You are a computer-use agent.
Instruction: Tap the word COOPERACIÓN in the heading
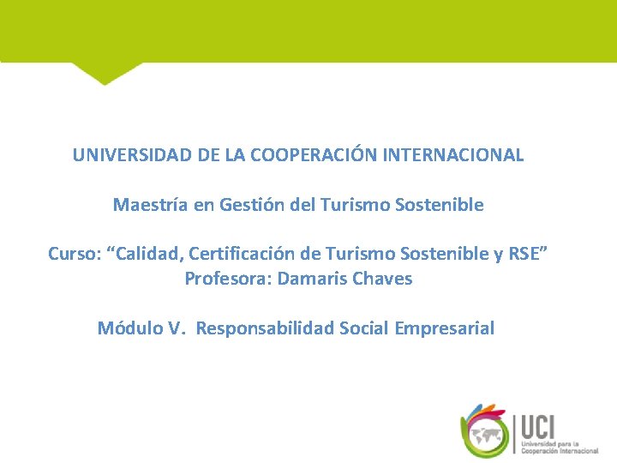pyautogui.click(x=304, y=156)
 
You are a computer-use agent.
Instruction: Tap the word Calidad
pyautogui.click(x=147, y=255)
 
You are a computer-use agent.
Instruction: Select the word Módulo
pyautogui.click(x=129, y=328)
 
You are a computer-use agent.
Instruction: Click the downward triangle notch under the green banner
pyautogui.click(x=105, y=74)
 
